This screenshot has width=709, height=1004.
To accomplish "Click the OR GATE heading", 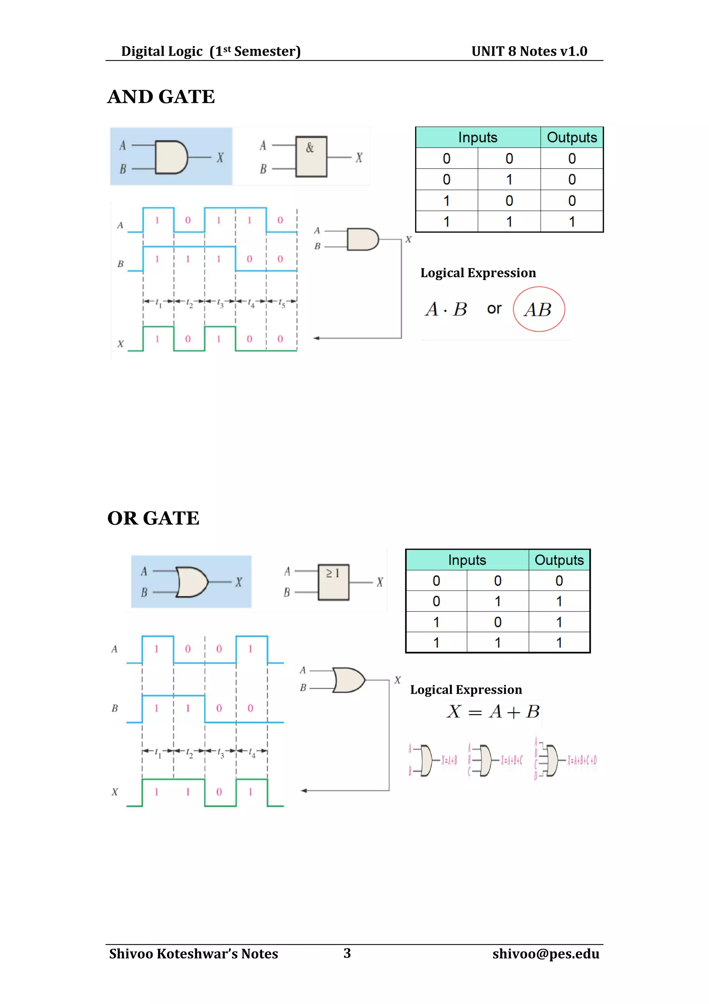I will [x=153, y=518].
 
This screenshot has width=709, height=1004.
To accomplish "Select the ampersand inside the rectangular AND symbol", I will [x=310, y=148].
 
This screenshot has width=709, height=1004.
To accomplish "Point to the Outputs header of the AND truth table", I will [x=572, y=137].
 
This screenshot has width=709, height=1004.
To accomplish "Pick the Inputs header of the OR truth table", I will [x=467, y=560].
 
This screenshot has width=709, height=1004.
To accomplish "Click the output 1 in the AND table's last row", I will [x=572, y=222].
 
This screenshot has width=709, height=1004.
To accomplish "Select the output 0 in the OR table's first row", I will [x=559, y=581].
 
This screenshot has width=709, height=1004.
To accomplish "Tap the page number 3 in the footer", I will [x=347, y=953].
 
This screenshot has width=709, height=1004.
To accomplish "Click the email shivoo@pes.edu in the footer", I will [x=546, y=954].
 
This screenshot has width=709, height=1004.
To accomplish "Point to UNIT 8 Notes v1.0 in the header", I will [x=529, y=51].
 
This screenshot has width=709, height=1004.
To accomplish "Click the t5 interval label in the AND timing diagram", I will [x=282, y=302].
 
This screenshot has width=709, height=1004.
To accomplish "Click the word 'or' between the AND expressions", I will [x=494, y=309].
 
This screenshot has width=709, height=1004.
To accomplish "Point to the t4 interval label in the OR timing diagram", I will [x=252, y=752].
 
